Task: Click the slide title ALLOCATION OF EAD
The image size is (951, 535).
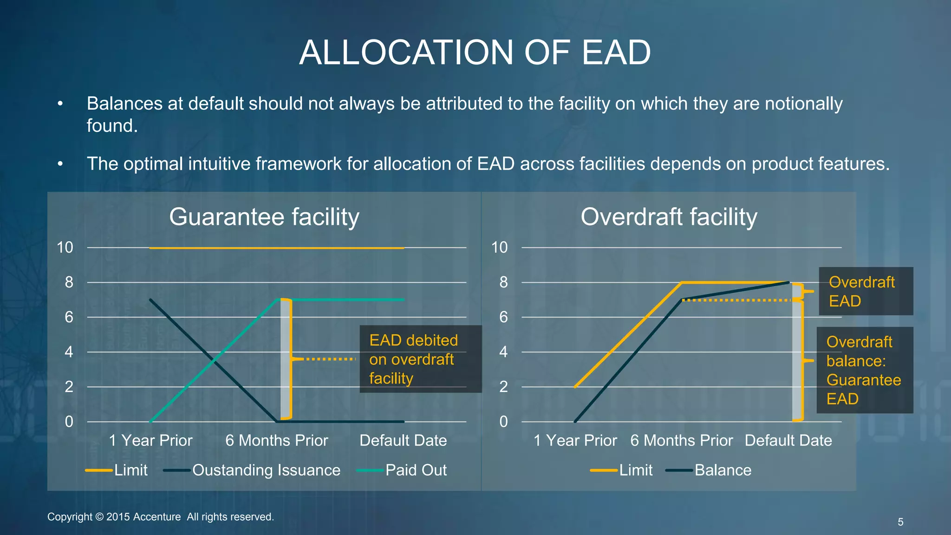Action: (x=475, y=52)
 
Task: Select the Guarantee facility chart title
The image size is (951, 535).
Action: (x=264, y=217)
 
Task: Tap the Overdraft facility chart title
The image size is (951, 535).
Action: (x=669, y=217)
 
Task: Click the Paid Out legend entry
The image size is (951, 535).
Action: (x=416, y=470)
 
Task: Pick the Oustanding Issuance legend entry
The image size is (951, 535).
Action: (x=266, y=470)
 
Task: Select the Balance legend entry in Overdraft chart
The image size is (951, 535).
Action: (x=723, y=470)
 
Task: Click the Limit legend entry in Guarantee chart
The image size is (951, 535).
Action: (x=130, y=470)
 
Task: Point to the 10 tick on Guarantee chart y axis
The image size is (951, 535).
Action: (x=65, y=248)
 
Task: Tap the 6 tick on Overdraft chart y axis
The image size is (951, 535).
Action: (x=503, y=317)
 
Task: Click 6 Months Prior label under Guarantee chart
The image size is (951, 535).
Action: (x=276, y=440)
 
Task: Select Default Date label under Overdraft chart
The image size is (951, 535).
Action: (x=788, y=440)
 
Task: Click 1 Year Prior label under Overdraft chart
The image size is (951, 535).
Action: (x=575, y=440)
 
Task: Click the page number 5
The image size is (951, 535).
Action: (x=900, y=522)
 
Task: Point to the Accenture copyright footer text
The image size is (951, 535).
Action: (x=161, y=517)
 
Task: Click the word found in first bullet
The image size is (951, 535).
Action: (x=112, y=126)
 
